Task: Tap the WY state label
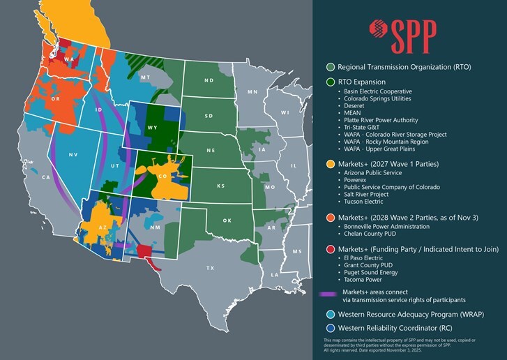tap(152, 128)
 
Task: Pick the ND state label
tap(209, 80)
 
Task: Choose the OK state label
tap(227, 220)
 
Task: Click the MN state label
tap(252, 91)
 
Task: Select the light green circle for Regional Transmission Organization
tap(330, 68)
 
